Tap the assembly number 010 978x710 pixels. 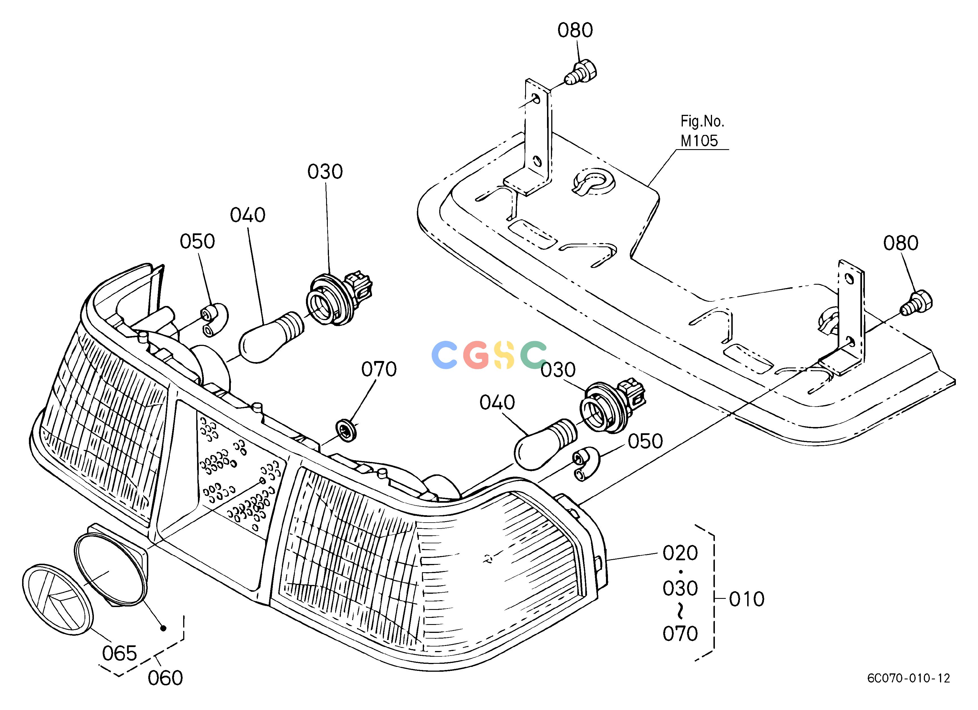746,599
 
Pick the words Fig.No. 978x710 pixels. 702,122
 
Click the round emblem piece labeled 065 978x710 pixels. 58,599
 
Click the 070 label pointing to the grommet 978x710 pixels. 379,369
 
